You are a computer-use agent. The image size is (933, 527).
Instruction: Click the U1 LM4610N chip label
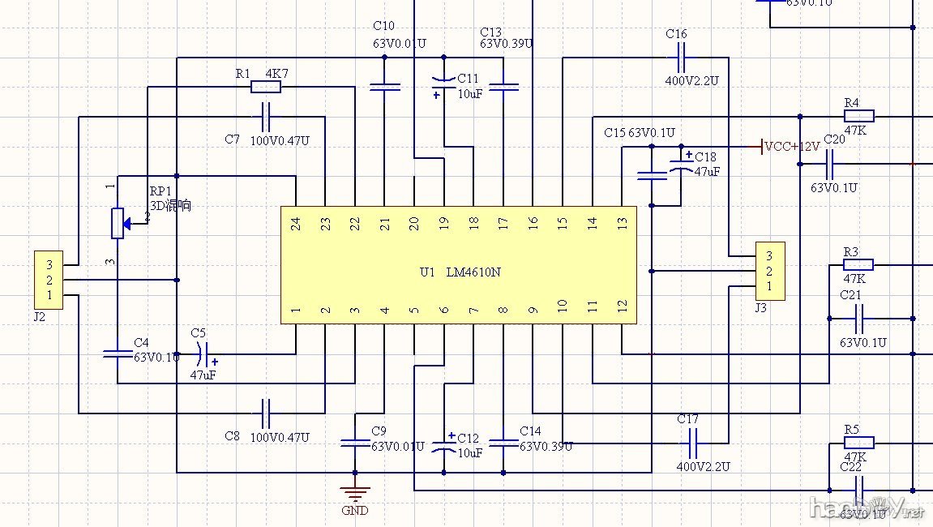(460, 272)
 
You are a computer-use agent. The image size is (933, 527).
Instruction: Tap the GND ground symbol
(354, 491)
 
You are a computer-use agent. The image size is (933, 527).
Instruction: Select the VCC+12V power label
(791, 147)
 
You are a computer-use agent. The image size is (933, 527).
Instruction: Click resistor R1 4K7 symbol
(266, 87)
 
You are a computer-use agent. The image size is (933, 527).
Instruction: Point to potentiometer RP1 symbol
(118, 222)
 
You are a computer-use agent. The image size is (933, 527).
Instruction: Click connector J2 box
(49, 280)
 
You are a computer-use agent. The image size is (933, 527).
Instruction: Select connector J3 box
(769, 271)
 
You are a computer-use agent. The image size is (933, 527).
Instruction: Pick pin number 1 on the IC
(296, 310)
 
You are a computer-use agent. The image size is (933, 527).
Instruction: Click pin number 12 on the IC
(622, 306)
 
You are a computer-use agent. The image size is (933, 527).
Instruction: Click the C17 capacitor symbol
(693, 443)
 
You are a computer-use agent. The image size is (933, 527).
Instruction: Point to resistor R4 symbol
(858, 117)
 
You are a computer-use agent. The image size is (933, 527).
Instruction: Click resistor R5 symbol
(858, 443)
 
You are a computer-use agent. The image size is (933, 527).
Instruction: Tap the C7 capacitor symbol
(266, 117)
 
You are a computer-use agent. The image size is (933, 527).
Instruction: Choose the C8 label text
(232, 436)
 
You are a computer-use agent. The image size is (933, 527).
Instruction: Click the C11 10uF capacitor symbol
(443, 80)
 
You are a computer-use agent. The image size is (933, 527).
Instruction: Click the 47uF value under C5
(203, 375)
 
